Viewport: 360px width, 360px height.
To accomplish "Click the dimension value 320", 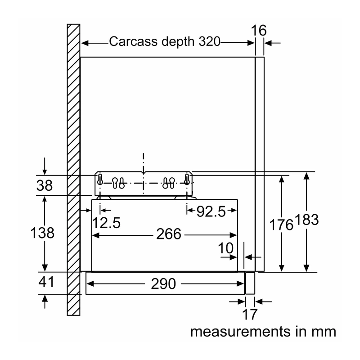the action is pyautogui.click(x=209, y=41).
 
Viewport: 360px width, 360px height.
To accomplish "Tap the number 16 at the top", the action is pyautogui.click(x=259, y=30).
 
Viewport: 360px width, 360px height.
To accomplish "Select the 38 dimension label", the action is pyautogui.click(x=44, y=185).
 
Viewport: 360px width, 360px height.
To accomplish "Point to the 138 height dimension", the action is pyautogui.click(x=42, y=233).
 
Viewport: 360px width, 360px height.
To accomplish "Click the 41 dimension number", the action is pyautogui.click(x=46, y=282).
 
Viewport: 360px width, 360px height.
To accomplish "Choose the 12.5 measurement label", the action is pyautogui.click(x=106, y=223).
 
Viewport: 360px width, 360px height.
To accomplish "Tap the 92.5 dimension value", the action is pyautogui.click(x=211, y=211).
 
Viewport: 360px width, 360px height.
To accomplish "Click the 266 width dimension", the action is pyautogui.click(x=169, y=234).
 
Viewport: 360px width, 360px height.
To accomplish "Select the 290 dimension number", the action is pyautogui.click(x=163, y=284).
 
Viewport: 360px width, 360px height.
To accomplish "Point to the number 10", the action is pyautogui.click(x=226, y=248).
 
